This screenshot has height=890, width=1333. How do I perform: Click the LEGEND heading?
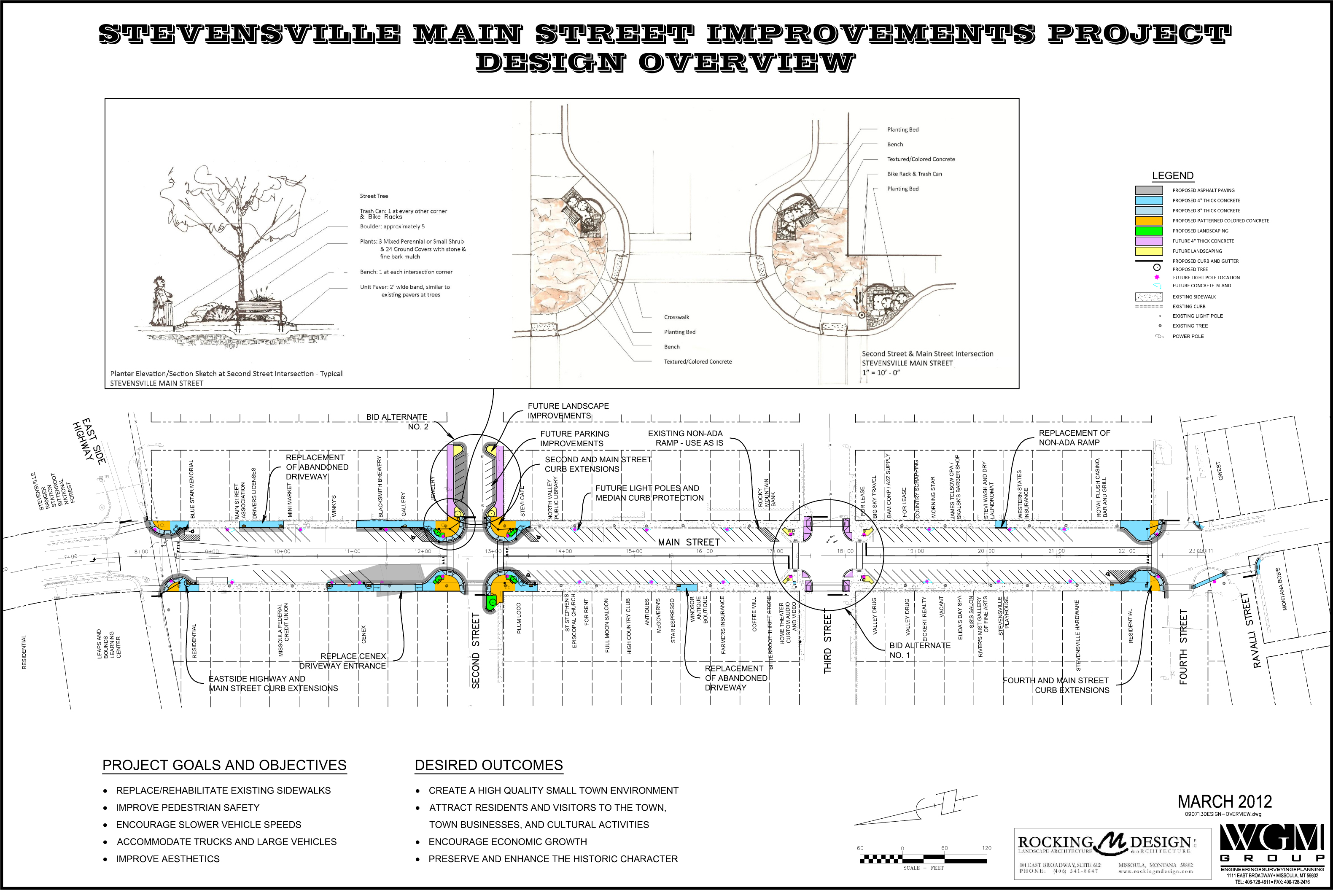click(1172, 176)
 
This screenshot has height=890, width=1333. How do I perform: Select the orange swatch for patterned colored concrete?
click(1149, 221)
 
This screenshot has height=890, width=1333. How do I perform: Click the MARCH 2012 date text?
click(1225, 802)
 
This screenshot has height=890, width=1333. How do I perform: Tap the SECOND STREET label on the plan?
click(476, 650)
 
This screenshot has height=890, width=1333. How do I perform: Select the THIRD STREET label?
click(827, 644)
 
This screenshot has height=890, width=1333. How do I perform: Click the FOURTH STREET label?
click(1183, 647)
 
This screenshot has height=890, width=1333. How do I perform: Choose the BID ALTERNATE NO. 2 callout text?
click(397, 422)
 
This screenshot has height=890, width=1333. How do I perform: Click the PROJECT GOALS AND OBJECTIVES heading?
click(224, 765)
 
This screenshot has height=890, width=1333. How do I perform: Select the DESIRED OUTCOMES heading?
click(489, 765)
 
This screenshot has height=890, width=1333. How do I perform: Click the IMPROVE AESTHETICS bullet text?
click(167, 859)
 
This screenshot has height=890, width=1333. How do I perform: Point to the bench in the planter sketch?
click(259, 311)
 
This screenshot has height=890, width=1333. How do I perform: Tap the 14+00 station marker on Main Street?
click(563, 551)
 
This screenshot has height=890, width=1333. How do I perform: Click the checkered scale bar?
click(923, 859)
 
